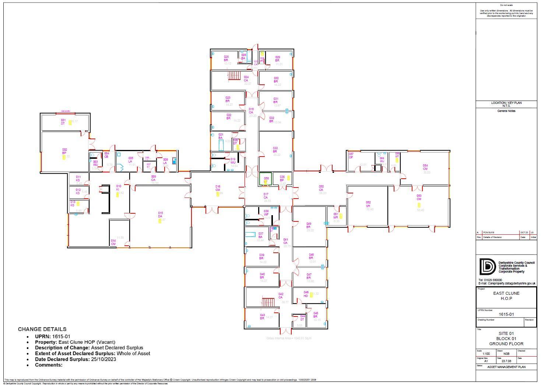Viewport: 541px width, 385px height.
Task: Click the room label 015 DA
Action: tap(160, 215)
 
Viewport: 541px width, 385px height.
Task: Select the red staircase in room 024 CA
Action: tap(234, 76)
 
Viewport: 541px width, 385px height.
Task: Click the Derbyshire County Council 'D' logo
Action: tap(487, 267)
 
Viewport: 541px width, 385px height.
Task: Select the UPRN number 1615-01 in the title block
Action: tap(506, 314)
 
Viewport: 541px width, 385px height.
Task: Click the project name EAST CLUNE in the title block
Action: tap(506, 293)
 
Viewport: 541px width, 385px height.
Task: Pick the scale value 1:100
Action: tap(486, 354)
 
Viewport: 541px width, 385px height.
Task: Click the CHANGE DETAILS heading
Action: tap(42, 329)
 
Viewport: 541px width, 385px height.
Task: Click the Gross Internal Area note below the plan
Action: tap(288, 338)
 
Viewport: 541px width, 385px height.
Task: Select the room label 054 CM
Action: tap(425, 167)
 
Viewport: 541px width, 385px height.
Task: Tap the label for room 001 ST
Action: tap(63, 122)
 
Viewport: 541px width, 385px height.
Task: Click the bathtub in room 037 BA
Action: tap(250, 234)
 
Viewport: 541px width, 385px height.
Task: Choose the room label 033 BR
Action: tap(275, 150)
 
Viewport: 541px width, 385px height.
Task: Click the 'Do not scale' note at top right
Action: tap(506, 5)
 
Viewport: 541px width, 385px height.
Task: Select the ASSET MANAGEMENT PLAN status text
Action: tap(506, 367)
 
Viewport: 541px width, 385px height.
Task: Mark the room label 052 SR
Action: tap(368, 204)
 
